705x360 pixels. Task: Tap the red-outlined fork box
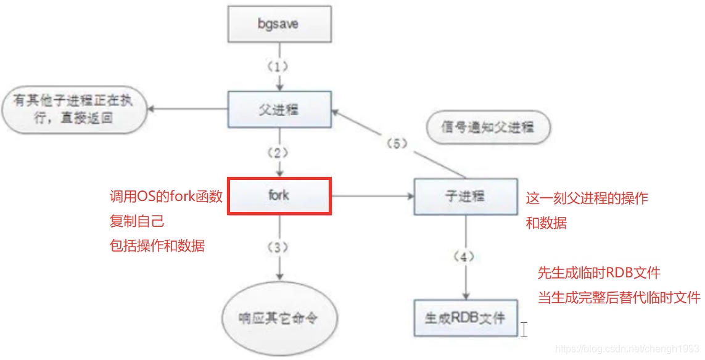(279, 197)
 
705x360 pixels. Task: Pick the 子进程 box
(466, 197)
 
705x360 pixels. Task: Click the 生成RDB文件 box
(465, 318)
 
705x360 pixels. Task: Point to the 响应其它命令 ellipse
(279, 318)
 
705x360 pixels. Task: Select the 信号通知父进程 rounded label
(487, 128)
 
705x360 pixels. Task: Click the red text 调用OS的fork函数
(165, 197)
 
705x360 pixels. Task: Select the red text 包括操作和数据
(156, 245)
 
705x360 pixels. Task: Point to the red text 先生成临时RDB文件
(599, 273)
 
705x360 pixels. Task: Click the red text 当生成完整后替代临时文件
(619, 297)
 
